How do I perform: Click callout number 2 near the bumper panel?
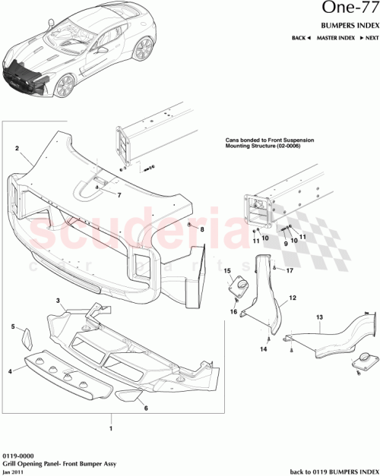point(17,150)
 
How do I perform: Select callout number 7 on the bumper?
point(119,195)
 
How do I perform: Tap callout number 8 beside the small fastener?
point(202,229)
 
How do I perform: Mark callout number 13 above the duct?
point(319,316)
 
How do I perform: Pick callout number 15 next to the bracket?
point(226,270)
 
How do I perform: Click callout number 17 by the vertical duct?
point(290,270)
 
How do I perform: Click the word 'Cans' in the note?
point(233,141)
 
